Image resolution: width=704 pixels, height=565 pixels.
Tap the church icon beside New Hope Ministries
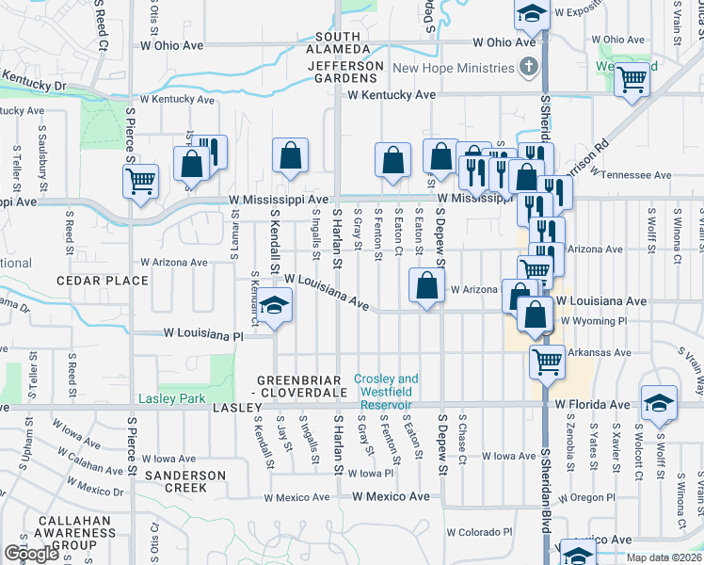pyautogui.click(x=530, y=67)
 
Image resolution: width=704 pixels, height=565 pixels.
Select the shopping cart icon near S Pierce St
pyautogui.click(x=140, y=179)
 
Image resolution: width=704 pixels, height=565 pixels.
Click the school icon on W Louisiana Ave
pyautogui.click(x=274, y=306)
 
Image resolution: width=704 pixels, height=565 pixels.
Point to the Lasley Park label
pyautogui.click(x=172, y=398)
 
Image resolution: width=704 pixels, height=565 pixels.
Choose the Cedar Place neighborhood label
pyautogui.click(x=103, y=281)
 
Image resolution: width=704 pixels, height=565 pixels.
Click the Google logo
pyautogui.click(x=31, y=553)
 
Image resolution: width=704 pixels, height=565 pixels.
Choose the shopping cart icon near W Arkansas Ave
pyautogui.click(x=546, y=360)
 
